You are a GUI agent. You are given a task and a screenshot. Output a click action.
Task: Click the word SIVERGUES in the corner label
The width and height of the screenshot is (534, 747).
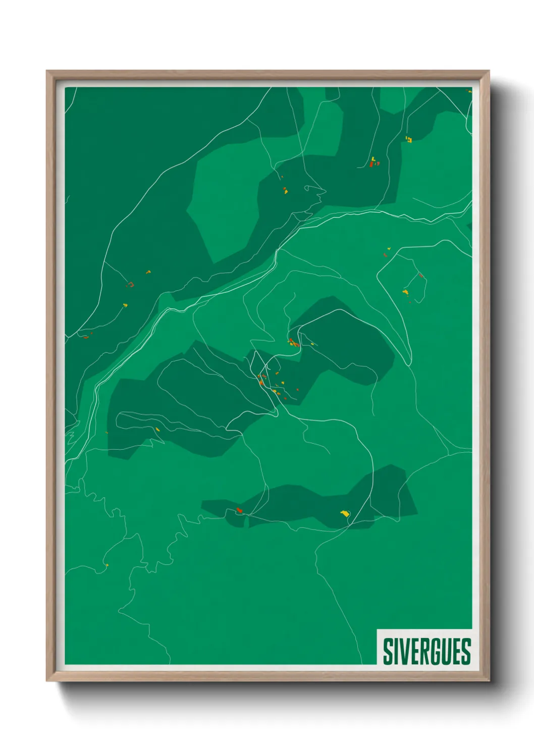tap(426, 651)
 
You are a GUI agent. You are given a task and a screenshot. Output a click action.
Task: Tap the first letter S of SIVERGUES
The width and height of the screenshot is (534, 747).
tap(388, 651)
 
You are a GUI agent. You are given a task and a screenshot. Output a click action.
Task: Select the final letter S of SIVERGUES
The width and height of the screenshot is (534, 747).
tap(466, 651)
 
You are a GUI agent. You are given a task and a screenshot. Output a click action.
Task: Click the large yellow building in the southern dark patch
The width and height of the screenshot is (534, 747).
tap(345, 514)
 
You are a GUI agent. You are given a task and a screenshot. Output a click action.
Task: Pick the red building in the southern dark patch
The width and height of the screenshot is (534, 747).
tap(240, 510)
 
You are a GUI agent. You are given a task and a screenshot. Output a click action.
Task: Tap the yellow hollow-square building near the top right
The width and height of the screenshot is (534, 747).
tap(409, 139)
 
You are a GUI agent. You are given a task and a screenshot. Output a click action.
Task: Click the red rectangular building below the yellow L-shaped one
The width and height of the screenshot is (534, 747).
tap(371, 165)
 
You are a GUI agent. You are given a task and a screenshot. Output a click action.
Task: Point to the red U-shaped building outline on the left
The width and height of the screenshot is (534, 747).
tap(130, 285)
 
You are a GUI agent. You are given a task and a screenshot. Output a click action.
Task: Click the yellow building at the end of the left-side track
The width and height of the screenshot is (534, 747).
tap(125, 305)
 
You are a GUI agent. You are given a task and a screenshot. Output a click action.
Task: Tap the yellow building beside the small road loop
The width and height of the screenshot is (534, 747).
tap(286, 191)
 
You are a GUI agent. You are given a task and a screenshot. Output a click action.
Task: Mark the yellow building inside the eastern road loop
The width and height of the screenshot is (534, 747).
tap(405, 292)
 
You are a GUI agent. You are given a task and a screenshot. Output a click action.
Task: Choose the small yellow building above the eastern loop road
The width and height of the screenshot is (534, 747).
tap(389, 248)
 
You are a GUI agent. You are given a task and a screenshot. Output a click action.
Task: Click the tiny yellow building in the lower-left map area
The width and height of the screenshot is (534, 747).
tap(106, 565)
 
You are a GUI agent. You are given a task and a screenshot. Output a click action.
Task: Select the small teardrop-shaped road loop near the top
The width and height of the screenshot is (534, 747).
tap(314, 191)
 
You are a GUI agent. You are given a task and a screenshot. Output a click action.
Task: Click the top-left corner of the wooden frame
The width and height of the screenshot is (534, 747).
tap(47, 72)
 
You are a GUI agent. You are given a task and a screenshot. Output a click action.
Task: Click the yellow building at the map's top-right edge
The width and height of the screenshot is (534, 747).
tap(469, 91)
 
